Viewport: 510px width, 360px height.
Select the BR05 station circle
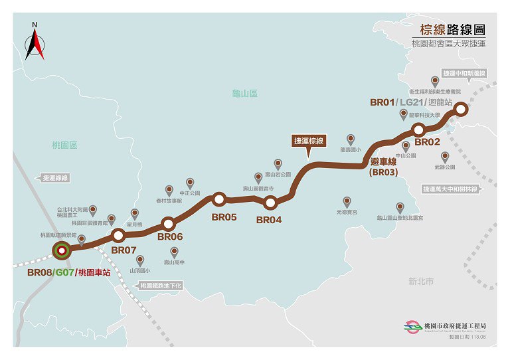point(219,199)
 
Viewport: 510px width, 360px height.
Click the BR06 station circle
point(168,224)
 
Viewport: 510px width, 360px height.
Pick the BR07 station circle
point(119,235)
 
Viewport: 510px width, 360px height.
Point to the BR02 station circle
point(419,129)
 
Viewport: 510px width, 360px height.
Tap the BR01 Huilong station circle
point(460,110)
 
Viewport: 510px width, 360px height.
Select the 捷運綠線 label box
point(56,178)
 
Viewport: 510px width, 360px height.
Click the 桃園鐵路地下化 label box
point(160,286)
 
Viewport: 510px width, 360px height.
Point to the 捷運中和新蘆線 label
point(465,72)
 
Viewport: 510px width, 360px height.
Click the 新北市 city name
point(420,282)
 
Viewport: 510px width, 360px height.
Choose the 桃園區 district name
point(65,145)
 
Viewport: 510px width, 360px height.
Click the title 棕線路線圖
point(452,30)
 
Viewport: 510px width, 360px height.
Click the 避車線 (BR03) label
point(384,167)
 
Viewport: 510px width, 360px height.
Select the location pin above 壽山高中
point(175,252)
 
